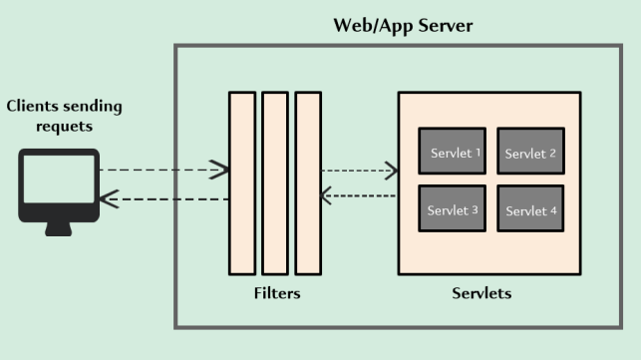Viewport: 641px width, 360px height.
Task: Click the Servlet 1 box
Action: (x=453, y=152)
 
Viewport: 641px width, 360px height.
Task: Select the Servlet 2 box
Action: (x=530, y=152)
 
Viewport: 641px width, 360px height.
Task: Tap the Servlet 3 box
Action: (x=453, y=209)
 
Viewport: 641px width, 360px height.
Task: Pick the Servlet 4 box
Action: (x=530, y=209)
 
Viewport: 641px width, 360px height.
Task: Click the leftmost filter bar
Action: (x=241, y=182)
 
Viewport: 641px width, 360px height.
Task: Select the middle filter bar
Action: (x=275, y=182)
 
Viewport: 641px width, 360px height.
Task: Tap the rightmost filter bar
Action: (x=308, y=182)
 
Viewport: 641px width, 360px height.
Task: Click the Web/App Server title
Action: (x=403, y=25)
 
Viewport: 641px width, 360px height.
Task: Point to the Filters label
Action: (x=276, y=294)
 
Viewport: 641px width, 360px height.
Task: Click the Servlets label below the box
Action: (x=481, y=294)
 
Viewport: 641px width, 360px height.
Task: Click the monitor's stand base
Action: (x=59, y=230)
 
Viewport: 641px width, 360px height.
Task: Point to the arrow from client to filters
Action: (x=164, y=171)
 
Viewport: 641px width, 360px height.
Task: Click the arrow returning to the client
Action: (x=164, y=199)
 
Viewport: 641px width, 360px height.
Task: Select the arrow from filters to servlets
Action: (x=359, y=171)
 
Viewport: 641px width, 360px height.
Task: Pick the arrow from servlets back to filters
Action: (x=359, y=195)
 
